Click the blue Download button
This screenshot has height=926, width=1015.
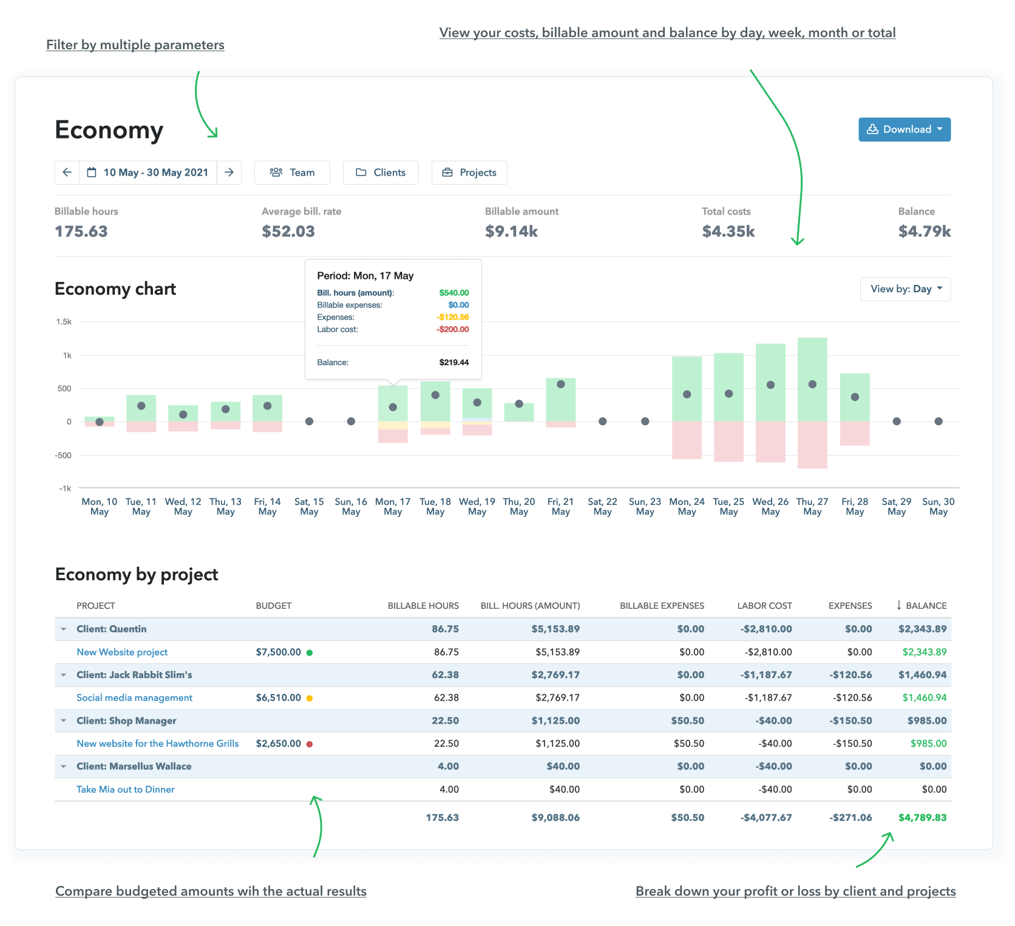tap(904, 129)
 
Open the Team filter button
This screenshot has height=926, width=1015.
tap(292, 173)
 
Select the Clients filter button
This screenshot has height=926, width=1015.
tap(381, 173)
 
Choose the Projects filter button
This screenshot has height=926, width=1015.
tap(469, 173)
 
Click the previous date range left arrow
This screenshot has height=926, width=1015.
tap(67, 173)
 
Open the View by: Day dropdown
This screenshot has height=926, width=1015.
tap(905, 289)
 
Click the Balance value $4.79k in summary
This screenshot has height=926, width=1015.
tap(924, 231)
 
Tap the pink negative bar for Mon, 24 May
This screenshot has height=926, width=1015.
tap(687, 441)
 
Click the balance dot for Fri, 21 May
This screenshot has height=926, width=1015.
tap(561, 384)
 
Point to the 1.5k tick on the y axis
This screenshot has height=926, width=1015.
tap(64, 322)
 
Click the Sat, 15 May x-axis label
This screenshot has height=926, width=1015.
tap(309, 507)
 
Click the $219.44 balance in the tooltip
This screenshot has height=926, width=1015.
tap(453, 363)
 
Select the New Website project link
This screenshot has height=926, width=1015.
tap(122, 652)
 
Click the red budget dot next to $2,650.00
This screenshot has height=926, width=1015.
tap(310, 744)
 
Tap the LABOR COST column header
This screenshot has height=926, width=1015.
tap(764, 606)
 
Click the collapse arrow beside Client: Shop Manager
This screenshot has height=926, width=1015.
tap(64, 721)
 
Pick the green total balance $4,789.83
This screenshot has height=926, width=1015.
tap(922, 818)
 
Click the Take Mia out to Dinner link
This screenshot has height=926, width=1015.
tap(126, 789)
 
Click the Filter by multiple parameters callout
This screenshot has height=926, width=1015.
tap(135, 45)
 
